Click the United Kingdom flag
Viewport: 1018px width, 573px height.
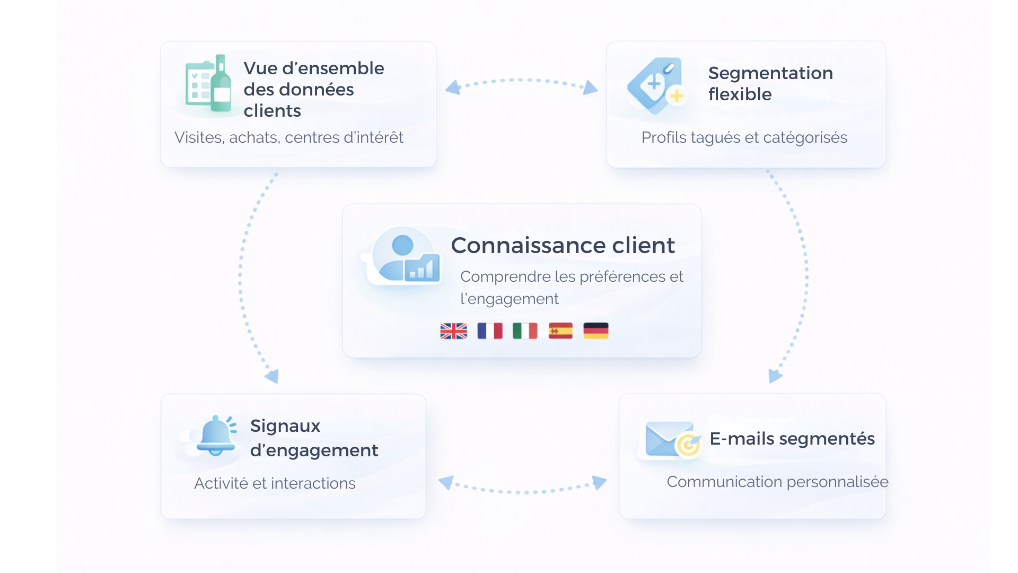click(x=453, y=331)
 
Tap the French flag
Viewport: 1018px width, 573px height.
click(x=489, y=331)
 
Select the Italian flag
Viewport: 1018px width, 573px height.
click(x=525, y=331)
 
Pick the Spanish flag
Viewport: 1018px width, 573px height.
click(x=560, y=331)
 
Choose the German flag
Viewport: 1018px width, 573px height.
click(x=596, y=331)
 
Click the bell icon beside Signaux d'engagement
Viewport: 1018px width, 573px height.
click(x=216, y=436)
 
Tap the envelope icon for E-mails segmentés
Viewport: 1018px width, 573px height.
click(x=668, y=439)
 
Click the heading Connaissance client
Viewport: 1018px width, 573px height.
click(x=563, y=246)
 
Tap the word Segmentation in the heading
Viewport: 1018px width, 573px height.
click(x=770, y=73)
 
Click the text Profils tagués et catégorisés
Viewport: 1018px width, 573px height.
click(x=744, y=137)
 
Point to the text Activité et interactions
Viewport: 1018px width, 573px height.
click(x=275, y=483)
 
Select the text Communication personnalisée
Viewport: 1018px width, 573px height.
click(x=777, y=482)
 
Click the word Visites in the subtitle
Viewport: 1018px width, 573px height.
click(x=198, y=137)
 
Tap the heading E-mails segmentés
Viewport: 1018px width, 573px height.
click(x=792, y=439)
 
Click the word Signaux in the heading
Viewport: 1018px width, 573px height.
click(x=285, y=426)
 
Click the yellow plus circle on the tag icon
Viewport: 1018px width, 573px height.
click(x=677, y=96)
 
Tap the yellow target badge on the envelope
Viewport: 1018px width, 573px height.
click(x=688, y=445)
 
